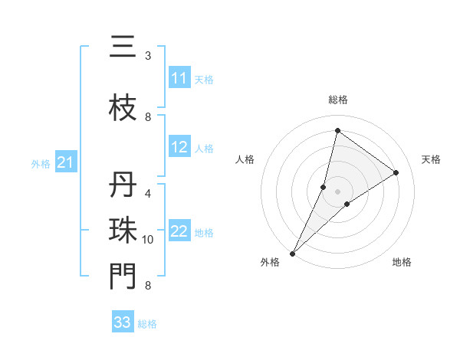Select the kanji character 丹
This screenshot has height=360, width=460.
pyautogui.click(x=123, y=185)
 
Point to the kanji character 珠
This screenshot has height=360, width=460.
pyautogui.click(x=123, y=231)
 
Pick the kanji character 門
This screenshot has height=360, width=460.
pyautogui.click(x=123, y=277)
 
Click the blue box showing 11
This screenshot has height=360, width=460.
pyautogui.click(x=179, y=78)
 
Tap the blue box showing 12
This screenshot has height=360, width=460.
pyautogui.click(x=179, y=148)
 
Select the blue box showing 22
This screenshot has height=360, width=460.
pyautogui.click(x=179, y=231)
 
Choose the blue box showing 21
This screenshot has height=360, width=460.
pyautogui.click(x=65, y=162)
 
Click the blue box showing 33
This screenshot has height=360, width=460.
pyautogui.click(x=123, y=322)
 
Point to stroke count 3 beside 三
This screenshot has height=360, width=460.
pyautogui.click(x=148, y=56)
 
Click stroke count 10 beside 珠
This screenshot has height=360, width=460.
pyautogui.click(x=148, y=240)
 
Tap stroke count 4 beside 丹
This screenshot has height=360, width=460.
pyautogui.click(x=148, y=194)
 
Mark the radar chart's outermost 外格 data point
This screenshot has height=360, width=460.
pyautogui.click(x=292, y=253)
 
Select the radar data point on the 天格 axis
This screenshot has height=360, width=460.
pyautogui.click(x=396, y=172)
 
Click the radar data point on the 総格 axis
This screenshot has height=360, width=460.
pyautogui.click(x=337, y=130)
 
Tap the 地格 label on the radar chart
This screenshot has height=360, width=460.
pyautogui.click(x=402, y=262)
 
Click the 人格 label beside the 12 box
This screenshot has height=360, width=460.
pyautogui.click(x=204, y=149)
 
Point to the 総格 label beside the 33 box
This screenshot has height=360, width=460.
pyautogui.click(x=147, y=324)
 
